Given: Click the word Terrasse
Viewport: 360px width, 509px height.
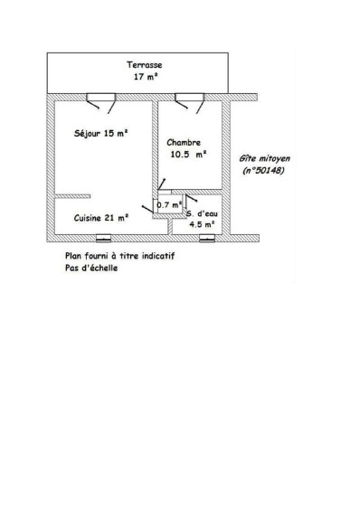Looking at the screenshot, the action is tap(144, 65).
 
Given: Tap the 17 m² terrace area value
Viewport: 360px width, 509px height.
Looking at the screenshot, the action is tap(146, 77).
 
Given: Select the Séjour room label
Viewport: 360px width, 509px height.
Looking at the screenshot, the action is tap(87, 134).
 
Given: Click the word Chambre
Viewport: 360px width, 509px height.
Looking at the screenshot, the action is tap(184, 143).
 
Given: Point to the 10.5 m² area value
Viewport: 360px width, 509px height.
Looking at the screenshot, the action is tap(188, 155).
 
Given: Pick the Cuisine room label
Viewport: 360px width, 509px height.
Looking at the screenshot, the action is tap(88, 218).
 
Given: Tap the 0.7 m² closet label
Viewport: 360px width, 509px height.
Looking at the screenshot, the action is tap(169, 205).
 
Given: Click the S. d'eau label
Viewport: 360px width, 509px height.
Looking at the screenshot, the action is tap(202, 214).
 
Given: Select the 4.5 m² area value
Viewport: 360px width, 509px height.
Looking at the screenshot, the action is tap(202, 224).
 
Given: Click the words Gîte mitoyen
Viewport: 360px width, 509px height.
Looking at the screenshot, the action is tap(264, 159).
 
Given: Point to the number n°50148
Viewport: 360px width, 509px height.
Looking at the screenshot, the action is tap(263, 171).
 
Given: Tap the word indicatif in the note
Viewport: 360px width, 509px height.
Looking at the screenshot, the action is tap(158, 256).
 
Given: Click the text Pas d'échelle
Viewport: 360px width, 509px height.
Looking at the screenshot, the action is tap(91, 269).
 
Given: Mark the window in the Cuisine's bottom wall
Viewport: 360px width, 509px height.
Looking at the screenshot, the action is tap(104, 239).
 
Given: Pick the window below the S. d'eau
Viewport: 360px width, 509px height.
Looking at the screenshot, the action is tap(207, 239).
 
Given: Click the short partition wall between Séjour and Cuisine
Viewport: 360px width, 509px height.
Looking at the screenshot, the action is tap(72, 196).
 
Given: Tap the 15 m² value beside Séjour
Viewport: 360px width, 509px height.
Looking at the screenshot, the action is tap(116, 134).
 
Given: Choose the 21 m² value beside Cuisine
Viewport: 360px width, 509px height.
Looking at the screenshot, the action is tap(117, 218).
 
